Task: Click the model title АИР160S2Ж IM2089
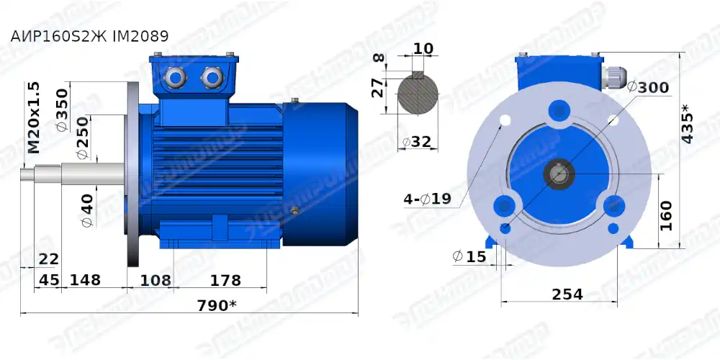coord(90,36)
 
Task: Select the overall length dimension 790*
coord(217,305)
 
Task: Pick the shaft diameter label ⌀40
coord(86,209)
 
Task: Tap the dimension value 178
coord(225,279)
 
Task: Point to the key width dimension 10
coord(424,48)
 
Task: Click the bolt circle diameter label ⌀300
coord(648,88)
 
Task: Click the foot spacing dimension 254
coord(567,294)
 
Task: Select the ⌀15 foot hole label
coord(469,256)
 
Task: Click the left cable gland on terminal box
coord(175,76)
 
